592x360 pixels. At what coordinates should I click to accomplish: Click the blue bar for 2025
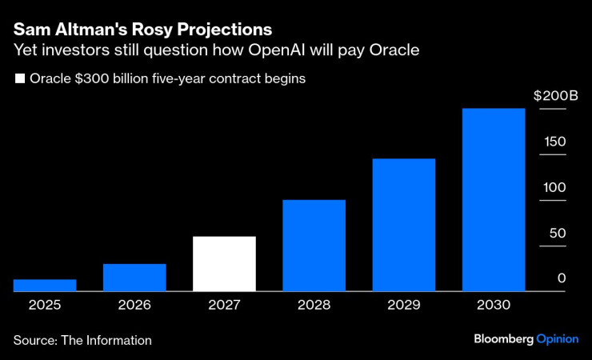pyautogui.click(x=45, y=286)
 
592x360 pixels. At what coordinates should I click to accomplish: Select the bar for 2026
pyautogui.click(x=134, y=278)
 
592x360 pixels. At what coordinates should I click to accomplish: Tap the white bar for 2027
pyautogui.click(x=224, y=264)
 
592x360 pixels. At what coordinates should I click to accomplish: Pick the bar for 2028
pyautogui.click(x=314, y=246)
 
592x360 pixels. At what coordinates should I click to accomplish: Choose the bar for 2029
pyautogui.click(x=403, y=225)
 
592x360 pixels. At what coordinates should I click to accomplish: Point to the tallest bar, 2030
pyautogui.click(x=494, y=200)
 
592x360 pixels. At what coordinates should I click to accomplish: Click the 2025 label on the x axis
pyautogui.click(x=45, y=305)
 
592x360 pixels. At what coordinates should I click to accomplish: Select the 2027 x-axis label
pyautogui.click(x=224, y=305)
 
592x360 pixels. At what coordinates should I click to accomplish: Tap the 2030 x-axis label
pyautogui.click(x=494, y=305)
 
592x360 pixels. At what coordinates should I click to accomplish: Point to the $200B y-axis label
pyautogui.click(x=555, y=96)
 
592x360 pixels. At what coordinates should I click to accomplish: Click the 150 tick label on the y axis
pyautogui.click(x=555, y=142)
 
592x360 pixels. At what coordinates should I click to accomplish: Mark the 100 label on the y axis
pyautogui.click(x=555, y=187)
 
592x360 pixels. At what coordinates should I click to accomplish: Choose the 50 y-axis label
pyautogui.click(x=558, y=233)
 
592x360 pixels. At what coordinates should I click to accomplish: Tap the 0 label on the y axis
pyautogui.click(x=562, y=278)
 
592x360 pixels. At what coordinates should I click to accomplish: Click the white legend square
pyautogui.click(x=19, y=79)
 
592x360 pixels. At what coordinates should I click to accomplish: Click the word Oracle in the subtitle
pyautogui.click(x=392, y=51)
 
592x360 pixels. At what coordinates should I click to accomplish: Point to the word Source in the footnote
pyautogui.click(x=34, y=340)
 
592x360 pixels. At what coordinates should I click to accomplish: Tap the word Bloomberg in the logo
pyautogui.click(x=502, y=339)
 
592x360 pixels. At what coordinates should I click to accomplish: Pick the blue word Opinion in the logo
pyautogui.click(x=558, y=339)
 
